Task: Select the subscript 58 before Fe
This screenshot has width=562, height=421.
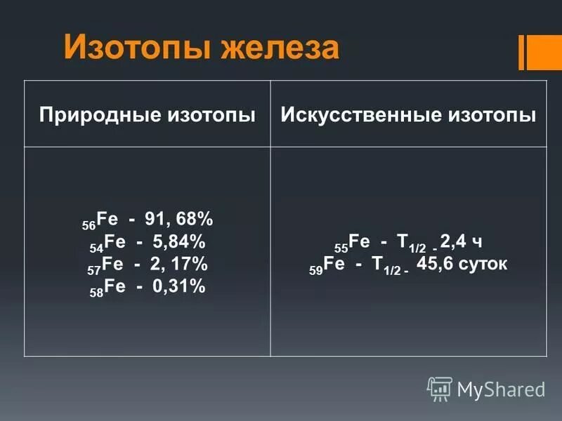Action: pyautogui.click(x=96, y=292)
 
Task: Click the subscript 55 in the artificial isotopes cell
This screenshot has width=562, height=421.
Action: pyautogui.click(x=341, y=248)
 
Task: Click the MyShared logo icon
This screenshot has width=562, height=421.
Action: pyautogui.click(x=440, y=388)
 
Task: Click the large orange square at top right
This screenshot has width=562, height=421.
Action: pyautogui.click(x=544, y=52)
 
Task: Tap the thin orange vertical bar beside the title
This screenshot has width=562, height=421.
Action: pyautogui.click(x=521, y=52)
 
